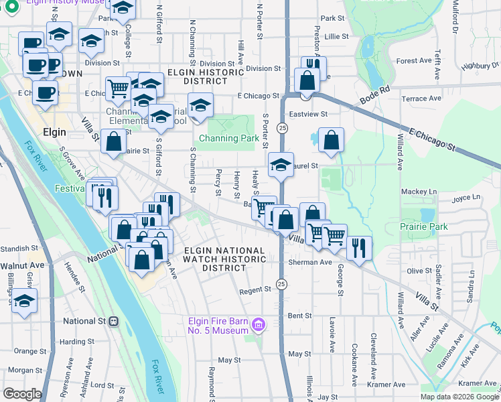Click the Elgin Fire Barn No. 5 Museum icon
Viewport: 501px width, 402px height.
point(259,326)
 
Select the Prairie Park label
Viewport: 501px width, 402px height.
point(424,226)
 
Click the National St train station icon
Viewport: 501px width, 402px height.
point(114,321)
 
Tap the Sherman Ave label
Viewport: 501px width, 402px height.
point(310,262)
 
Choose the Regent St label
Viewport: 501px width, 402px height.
point(255,290)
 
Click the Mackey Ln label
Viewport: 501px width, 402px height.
point(419,192)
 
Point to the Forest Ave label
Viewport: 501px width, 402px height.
point(413,60)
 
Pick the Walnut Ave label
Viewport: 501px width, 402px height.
point(21,265)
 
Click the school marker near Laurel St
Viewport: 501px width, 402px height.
point(281,164)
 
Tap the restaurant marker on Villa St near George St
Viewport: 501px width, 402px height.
point(359,248)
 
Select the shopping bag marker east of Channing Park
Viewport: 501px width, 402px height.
point(331,141)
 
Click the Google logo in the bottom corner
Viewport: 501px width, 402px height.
point(22,394)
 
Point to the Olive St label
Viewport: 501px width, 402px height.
point(420,271)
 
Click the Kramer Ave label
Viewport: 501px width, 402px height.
point(389,385)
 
